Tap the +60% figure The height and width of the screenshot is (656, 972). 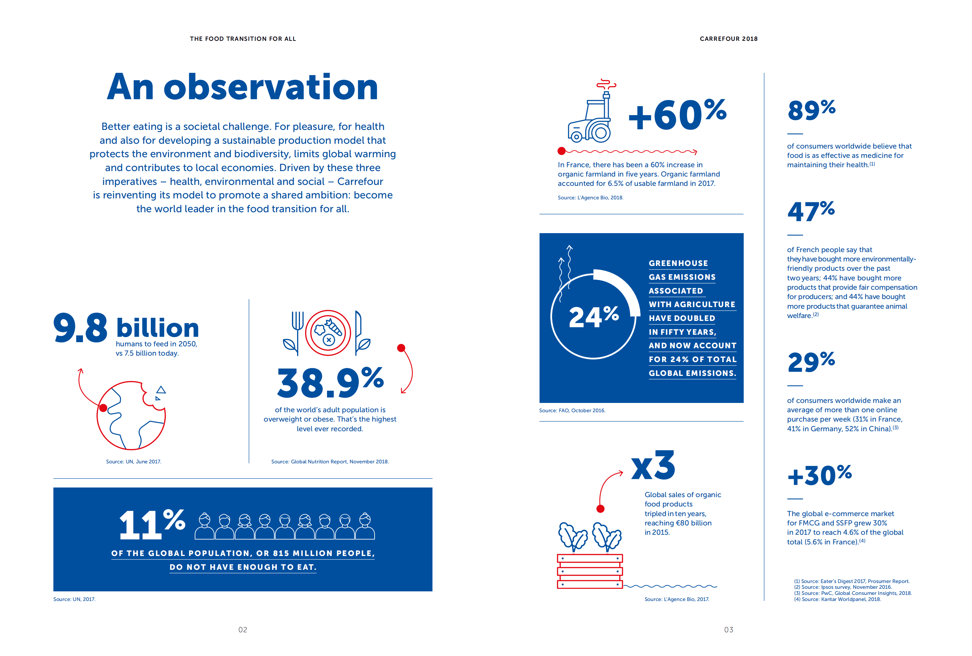tap(677, 115)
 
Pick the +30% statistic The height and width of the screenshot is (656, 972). tap(819, 476)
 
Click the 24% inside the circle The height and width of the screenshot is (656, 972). tap(593, 316)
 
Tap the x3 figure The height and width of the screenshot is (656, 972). tap(653, 466)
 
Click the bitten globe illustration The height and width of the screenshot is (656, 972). tap(131, 415)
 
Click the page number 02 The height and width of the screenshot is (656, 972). tap(242, 630)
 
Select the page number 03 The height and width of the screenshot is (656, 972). tap(729, 630)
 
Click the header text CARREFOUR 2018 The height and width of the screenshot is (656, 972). tap(729, 39)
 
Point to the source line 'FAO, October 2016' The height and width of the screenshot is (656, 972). tap(572, 410)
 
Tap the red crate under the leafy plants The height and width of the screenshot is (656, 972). tap(590, 571)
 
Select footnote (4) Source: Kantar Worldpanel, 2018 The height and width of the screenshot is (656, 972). tap(837, 599)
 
